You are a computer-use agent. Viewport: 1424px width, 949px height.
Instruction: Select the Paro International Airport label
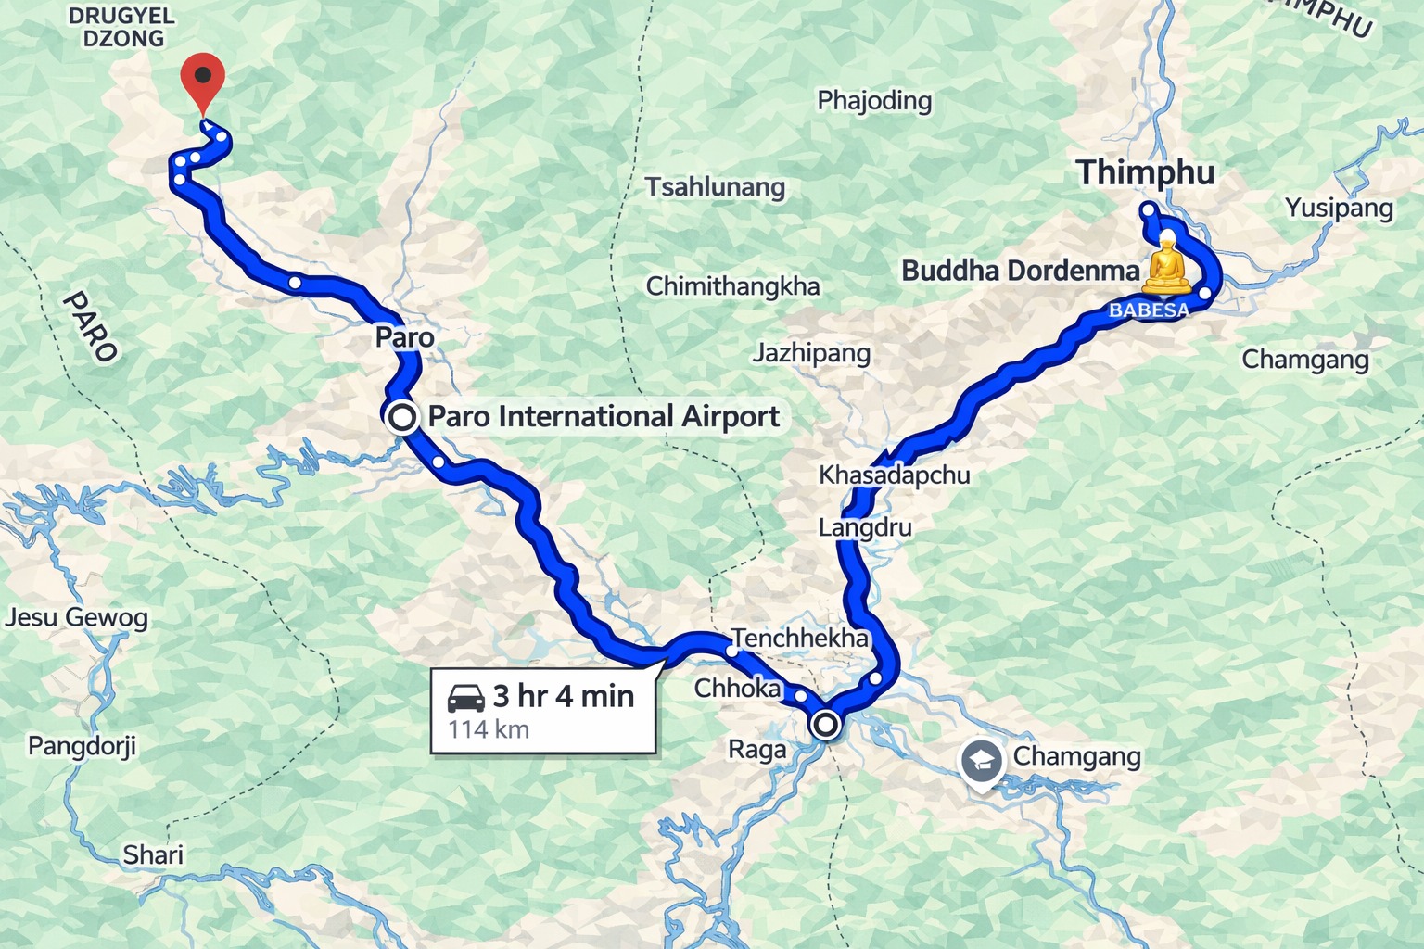click(x=604, y=417)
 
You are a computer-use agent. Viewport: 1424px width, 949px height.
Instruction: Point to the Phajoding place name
click(x=874, y=100)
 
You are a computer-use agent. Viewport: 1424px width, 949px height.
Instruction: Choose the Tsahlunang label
click(x=716, y=187)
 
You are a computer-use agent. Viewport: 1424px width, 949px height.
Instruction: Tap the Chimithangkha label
click(x=732, y=286)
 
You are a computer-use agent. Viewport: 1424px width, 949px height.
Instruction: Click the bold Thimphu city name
click(x=1145, y=173)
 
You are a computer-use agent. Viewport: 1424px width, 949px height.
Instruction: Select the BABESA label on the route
click(x=1149, y=310)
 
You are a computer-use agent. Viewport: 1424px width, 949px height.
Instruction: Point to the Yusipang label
click(x=1339, y=209)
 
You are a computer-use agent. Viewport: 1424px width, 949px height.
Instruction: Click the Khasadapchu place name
click(x=894, y=475)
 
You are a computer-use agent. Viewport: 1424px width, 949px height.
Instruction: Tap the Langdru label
click(x=865, y=528)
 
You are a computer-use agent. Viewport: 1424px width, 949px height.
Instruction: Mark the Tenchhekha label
click(x=800, y=638)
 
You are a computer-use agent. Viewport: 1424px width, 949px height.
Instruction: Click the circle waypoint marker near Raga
click(x=825, y=724)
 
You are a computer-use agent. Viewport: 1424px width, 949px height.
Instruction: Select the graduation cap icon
click(x=982, y=762)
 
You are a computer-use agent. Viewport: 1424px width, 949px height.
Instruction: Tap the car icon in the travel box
click(x=466, y=697)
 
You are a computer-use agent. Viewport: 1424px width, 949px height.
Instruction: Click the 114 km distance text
click(x=489, y=729)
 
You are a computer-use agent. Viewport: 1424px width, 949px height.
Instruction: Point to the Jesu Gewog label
click(x=76, y=618)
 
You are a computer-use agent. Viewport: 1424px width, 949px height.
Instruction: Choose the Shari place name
click(x=153, y=854)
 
